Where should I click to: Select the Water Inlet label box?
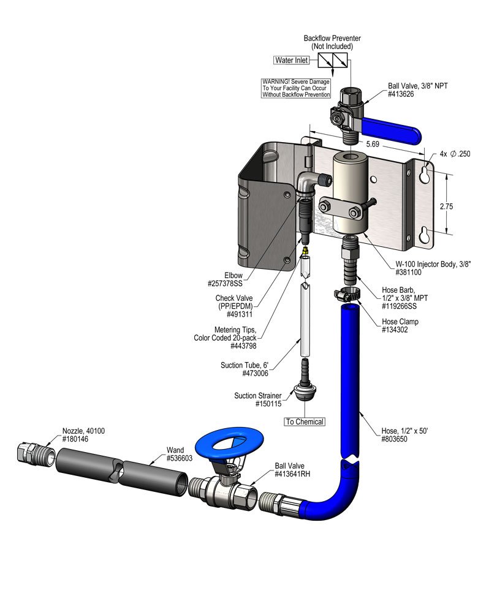click(x=292, y=60)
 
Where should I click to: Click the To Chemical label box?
click(x=305, y=421)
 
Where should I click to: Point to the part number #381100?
click(x=408, y=272)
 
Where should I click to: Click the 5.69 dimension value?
click(x=373, y=144)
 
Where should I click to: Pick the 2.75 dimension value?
click(x=446, y=206)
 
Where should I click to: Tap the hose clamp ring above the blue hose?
click(x=346, y=294)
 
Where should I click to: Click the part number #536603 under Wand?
click(x=180, y=458)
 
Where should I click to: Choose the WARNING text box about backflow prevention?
click(x=296, y=88)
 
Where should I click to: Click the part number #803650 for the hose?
click(x=395, y=439)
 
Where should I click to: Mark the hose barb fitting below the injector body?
click(x=349, y=260)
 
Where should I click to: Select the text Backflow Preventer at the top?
click(x=332, y=38)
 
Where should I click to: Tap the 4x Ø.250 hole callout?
click(x=455, y=154)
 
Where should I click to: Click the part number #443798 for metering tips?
click(x=243, y=346)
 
